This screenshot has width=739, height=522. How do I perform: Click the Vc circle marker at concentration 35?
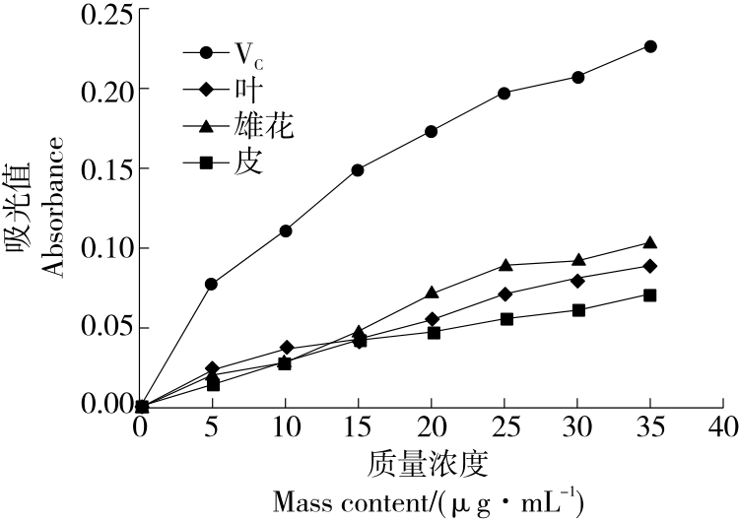click(650, 46)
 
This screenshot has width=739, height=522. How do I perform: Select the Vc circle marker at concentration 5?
click(211, 284)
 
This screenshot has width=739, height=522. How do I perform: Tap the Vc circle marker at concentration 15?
click(358, 169)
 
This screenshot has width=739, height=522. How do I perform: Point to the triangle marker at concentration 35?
click(650, 242)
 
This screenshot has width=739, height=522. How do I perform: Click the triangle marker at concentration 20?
click(431, 293)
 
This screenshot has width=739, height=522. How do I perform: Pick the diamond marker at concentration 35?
click(650, 266)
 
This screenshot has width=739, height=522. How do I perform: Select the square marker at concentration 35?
click(650, 295)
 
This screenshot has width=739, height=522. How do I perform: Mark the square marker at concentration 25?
click(504, 319)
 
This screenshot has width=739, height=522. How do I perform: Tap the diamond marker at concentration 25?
click(504, 294)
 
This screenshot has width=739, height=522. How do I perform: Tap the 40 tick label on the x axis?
click(724, 429)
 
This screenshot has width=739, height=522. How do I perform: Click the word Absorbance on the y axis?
click(52, 207)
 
